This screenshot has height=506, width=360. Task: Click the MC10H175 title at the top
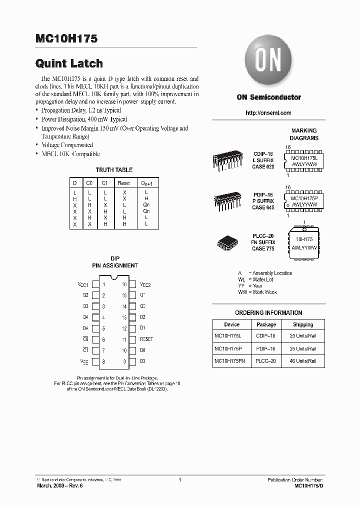click(66, 38)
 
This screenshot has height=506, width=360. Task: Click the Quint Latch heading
click(69, 63)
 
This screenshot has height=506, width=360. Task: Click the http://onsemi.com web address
click(268, 113)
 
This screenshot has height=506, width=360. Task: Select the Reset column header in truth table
click(123, 183)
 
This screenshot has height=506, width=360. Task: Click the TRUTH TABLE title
click(114, 170)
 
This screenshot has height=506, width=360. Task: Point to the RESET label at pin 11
click(146, 339)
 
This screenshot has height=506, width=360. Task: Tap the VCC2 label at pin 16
click(145, 284)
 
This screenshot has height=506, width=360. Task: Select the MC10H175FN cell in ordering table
click(231, 360)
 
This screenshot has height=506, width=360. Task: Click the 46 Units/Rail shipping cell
click(303, 360)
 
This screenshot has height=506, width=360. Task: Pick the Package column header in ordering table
click(266, 324)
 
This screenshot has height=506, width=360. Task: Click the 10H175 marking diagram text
click(304, 239)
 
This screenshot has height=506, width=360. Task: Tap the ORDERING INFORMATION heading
click(268, 313)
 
